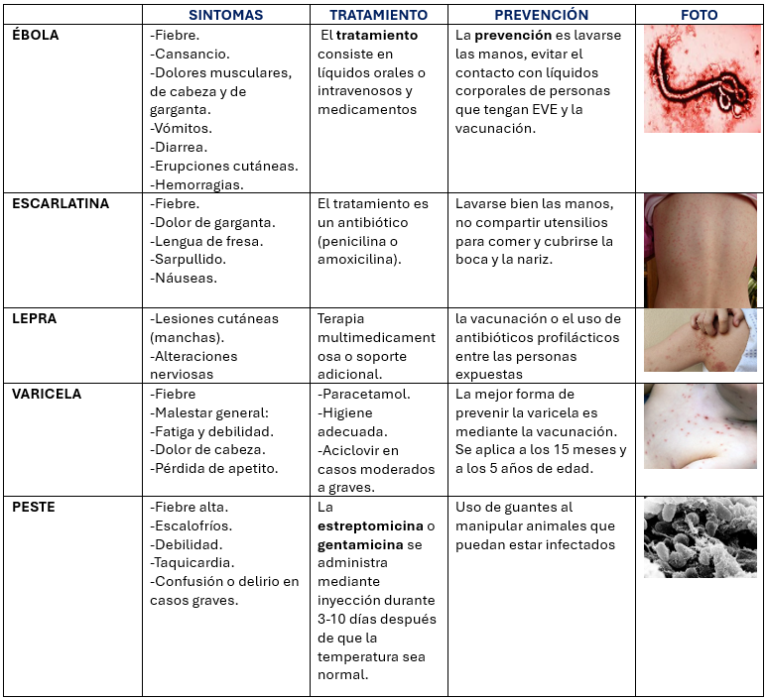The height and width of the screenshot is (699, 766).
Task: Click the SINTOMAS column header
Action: coord(225,15)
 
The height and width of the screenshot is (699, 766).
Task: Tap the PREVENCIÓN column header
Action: coord(541,15)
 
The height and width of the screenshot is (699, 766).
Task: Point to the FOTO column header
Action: coord(700,15)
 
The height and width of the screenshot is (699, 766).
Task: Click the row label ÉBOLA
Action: coord(36,35)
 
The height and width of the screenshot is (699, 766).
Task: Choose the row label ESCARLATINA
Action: coord(61,203)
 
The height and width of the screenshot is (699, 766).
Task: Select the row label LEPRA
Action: coord(34,318)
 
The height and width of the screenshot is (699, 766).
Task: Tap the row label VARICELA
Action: coord(46,394)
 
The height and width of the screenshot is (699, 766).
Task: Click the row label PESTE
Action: coord(34,507)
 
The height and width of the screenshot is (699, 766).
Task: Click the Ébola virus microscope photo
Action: coord(702,79)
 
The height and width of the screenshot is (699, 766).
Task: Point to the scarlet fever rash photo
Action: coord(701,250)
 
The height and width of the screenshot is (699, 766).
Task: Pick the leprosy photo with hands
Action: coord(701,340)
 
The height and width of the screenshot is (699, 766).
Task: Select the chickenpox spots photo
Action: coord(701,427)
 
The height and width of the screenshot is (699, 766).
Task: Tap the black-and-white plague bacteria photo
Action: coord(701,537)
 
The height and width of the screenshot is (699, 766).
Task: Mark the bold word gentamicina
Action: coord(360,544)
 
